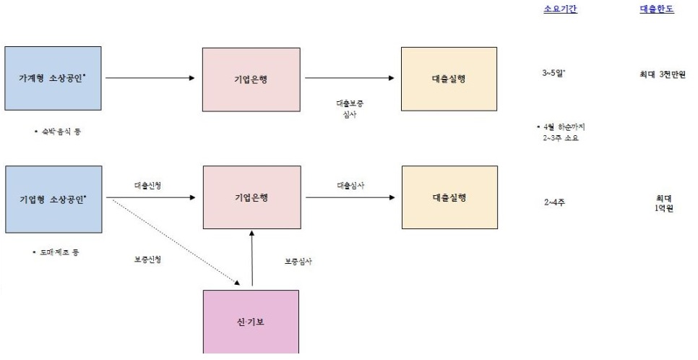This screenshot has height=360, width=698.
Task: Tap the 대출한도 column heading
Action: [656, 10]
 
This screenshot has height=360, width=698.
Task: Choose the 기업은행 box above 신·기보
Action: [251, 197]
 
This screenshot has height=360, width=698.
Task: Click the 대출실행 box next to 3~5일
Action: [448, 78]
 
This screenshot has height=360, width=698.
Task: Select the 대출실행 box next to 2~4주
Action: [448, 197]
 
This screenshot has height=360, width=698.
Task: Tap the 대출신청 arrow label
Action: [147, 186]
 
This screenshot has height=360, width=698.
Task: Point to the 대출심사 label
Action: [350, 186]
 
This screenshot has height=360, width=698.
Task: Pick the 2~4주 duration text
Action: [555, 202]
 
